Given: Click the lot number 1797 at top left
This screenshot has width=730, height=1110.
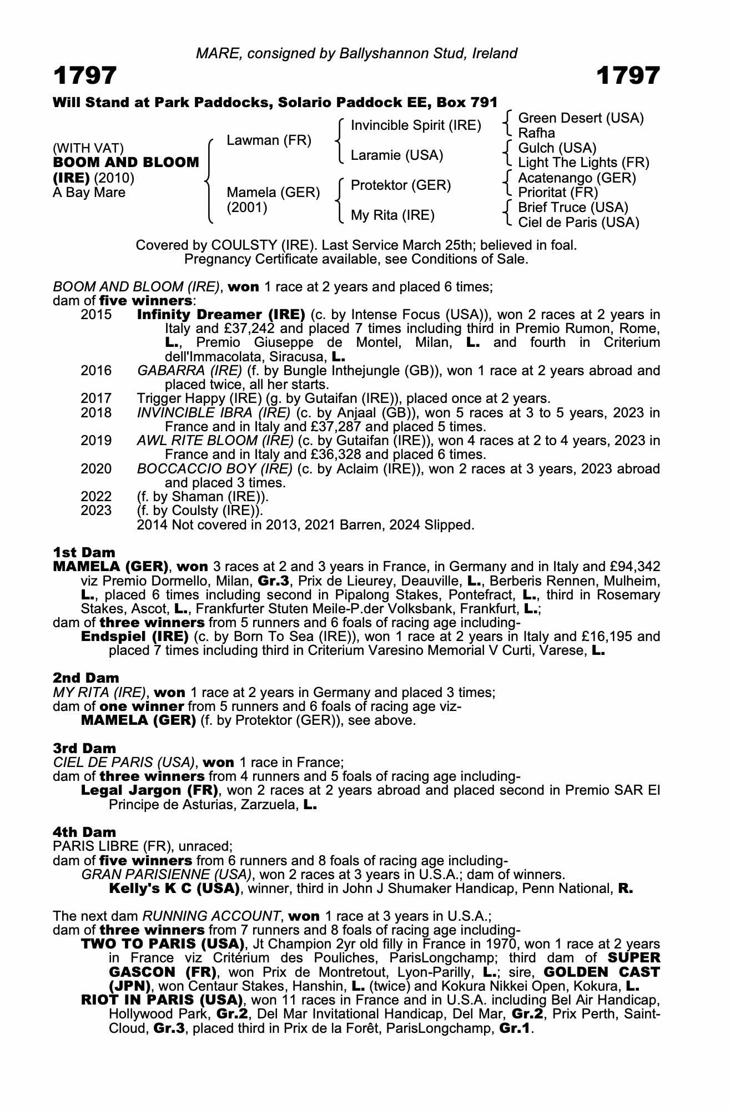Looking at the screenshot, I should (85, 75).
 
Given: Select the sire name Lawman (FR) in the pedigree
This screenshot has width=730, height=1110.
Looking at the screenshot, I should (269, 140).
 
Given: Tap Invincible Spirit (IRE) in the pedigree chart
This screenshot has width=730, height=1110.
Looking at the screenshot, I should (416, 125).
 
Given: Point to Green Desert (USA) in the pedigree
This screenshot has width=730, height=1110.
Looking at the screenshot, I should (581, 118).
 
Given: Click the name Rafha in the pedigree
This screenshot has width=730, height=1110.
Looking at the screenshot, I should (536, 133).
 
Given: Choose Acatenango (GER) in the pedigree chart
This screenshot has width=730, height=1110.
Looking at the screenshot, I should (577, 178).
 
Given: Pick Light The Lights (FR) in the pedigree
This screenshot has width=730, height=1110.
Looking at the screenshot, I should (583, 163).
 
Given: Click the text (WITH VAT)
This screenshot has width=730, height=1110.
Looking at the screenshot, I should (88, 148).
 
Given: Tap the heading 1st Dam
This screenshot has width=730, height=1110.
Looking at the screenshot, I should (84, 552).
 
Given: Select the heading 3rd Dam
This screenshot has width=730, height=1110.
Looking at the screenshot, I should (84, 748).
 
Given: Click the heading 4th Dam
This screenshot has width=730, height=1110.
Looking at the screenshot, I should (84, 832).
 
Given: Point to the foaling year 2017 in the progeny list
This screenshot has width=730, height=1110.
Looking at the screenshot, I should (96, 398).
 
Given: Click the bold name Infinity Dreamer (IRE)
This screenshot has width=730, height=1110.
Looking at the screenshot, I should (220, 315).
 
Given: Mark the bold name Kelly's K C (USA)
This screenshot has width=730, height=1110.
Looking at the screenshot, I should (174, 889).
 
